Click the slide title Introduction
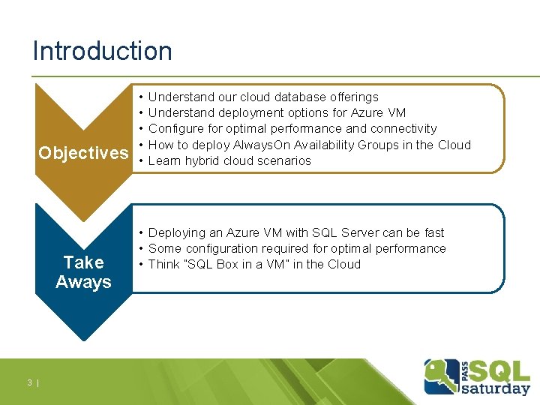coord(102,51)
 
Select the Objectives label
coord(83,153)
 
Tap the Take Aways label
coord(83,272)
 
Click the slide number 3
coord(29,383)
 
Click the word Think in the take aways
coord(164,264)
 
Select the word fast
coord(432,232)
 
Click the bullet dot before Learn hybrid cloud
coord(141,160)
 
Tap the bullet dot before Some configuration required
coord(141,248)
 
